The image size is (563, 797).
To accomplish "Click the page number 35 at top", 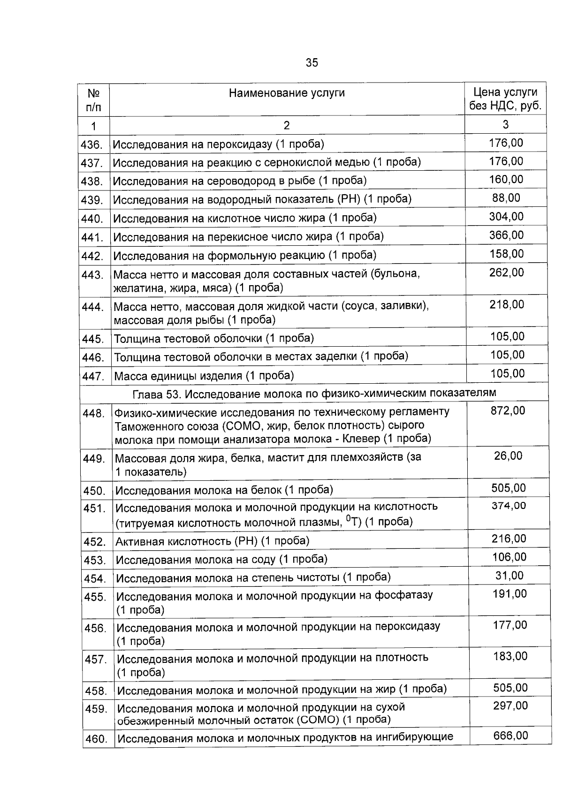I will pyautogui.click(x=312, y=62).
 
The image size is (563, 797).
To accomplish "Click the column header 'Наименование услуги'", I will pyautogui.click(x=287, y=93).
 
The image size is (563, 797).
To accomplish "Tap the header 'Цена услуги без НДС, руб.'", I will pyautogui.click(x=505, y=99).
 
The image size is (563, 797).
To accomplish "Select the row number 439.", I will pyautogui.click(x=92, y=200).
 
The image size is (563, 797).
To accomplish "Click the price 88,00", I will pyautogui.click(x=506, y=198).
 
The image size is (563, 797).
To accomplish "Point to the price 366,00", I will pyautogui.click(x=506, y=235).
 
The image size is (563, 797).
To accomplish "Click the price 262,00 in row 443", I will pyautogui.click(x=507, y=273).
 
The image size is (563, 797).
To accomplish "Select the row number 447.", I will pyautogui.click(x=92, y=376).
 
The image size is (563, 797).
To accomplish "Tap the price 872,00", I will pyautogui.click(x=508, y=411).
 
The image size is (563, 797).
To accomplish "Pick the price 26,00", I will pyautogui.click(x=508, y=456).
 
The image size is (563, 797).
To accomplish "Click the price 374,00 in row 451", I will pyautogui.click(x=509, y=506).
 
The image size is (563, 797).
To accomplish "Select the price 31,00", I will pyautogui.click(x=510, y=576).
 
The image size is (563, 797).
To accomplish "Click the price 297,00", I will pyautogui.click(x=510, y=706).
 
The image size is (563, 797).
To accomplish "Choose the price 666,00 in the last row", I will pyautogui.click(x=510, y=736).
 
